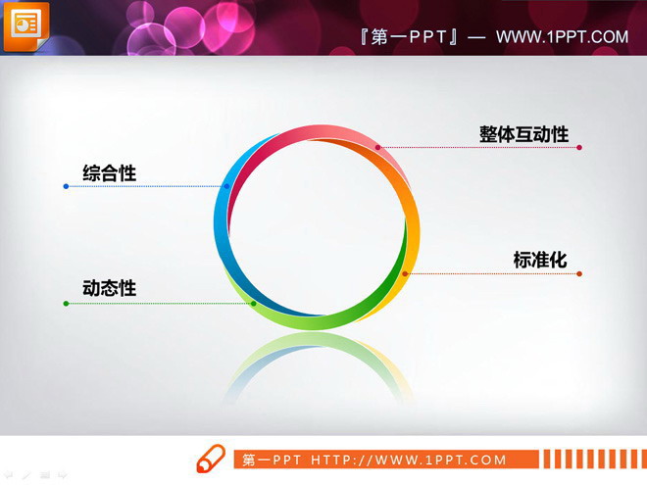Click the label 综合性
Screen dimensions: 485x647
coord(109,173)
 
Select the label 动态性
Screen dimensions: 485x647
coord(109,288)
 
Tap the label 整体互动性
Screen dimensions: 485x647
coord(523,134)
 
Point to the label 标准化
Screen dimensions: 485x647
coord(540,260)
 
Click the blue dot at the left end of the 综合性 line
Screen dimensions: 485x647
coord(66,186)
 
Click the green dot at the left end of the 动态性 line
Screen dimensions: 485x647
coord(66,304)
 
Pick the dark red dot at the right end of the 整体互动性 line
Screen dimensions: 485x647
coord(579,148)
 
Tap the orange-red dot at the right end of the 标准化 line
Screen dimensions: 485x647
coord(579,273)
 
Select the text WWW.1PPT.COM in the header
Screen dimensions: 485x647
coord(562,37)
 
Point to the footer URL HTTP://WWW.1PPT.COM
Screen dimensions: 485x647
coord(409,460)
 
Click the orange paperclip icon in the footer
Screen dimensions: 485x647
coord(211,459)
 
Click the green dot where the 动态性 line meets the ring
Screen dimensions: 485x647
coord(253,304)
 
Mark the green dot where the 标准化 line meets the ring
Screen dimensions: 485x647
coord(405,273)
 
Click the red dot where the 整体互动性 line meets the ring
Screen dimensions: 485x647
coord(377,148)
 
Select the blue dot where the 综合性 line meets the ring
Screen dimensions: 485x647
coord(226,186)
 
